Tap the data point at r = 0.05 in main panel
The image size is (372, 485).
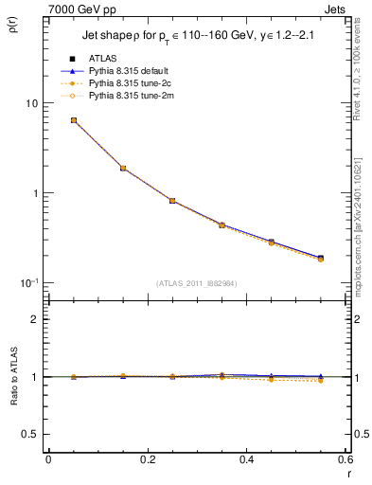(x=73, y=120)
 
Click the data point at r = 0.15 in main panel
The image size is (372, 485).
(x=123, y=168)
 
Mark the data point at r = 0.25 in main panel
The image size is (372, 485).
(x=172, y=201)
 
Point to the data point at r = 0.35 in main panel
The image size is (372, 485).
(x=221, y=225)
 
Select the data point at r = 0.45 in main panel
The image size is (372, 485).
(x=272, y=242)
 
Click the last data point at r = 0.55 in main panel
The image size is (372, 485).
(x=321, y=258)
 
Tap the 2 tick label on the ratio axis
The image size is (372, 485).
(x=35, y=319)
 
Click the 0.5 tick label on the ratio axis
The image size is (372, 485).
(x=31, y=434)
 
